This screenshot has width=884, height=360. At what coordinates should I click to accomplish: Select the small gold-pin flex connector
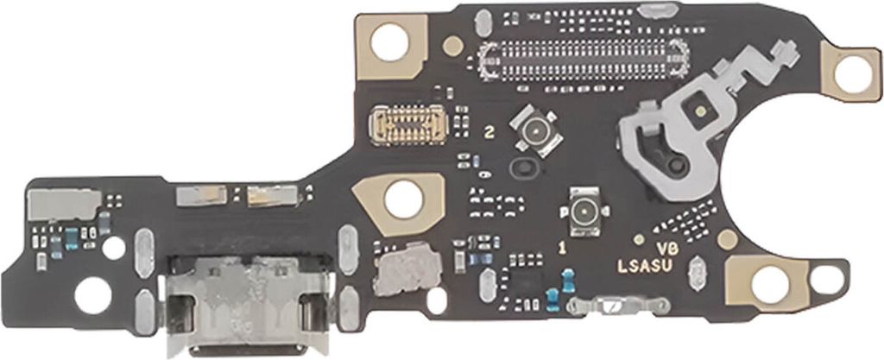tap(408, 124)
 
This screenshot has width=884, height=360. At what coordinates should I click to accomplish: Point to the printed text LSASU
tap(645, 267)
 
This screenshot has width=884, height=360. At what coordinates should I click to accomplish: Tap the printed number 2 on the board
tap(490, 133)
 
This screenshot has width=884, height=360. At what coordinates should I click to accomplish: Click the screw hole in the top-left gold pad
tap(389, 42)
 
